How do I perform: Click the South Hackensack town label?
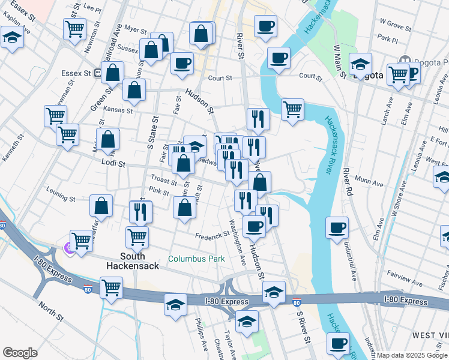click(x=133, y=260)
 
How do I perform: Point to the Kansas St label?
click(x=117, y=110)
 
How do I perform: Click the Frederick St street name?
click(x=209, y=236)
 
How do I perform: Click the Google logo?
click(x=20, y=353)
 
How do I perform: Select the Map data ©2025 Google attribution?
click(x=412, y=356)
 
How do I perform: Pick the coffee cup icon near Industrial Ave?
click(x=337, y=227)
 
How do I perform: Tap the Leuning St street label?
click(x=61, y=198)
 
